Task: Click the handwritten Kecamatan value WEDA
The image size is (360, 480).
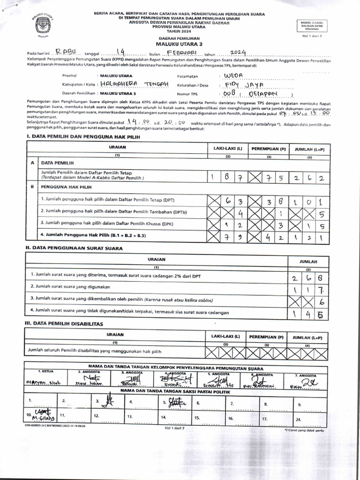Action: coord(234,75)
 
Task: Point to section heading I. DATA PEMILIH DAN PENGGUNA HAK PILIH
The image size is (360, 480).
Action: coord(83,137)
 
